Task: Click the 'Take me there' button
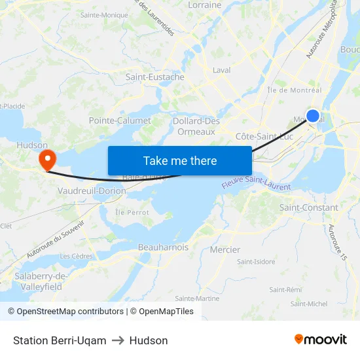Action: click(180, 160)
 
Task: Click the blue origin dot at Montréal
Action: click(313, 116)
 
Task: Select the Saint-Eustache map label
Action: click(155, 77)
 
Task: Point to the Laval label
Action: click(222, 70)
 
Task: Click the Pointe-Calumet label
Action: click(120, 120)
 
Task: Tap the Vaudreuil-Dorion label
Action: click(92, 190)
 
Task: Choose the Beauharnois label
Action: click(163, 247)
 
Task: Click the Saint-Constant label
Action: click(309, 207)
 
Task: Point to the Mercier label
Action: click(225, 249)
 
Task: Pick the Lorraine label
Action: click(205, 5)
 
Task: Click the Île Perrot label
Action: click(132, 212)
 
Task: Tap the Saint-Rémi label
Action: click(285, 289)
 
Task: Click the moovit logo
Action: click(321, 340)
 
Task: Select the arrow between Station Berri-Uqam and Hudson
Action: click(118, 340)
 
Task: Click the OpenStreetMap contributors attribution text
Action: click(65, 312)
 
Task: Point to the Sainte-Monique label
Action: click(104, 14)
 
